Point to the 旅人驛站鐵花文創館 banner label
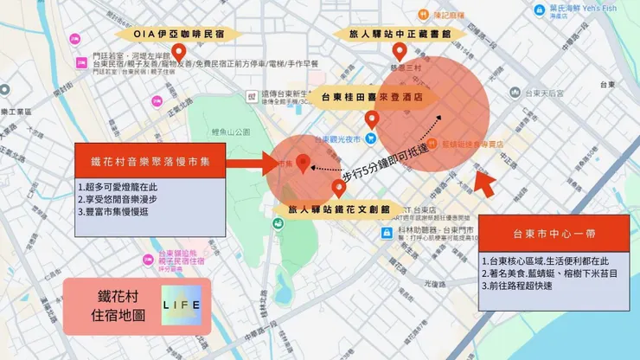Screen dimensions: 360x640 coord(339,209)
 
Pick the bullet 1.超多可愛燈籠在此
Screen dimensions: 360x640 coord(118,187)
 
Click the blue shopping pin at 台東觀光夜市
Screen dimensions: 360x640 coord(370,138)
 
